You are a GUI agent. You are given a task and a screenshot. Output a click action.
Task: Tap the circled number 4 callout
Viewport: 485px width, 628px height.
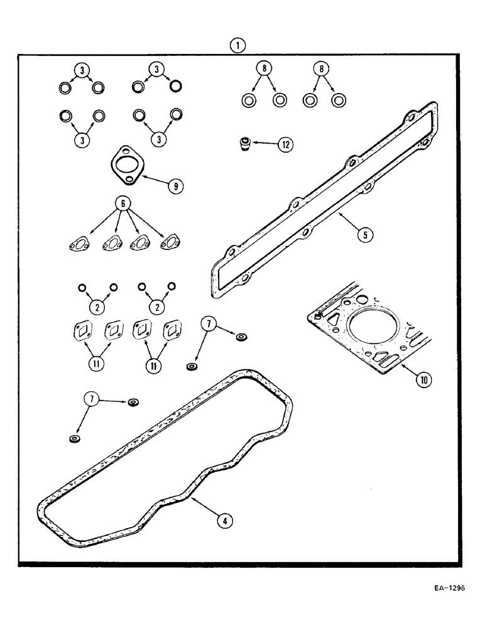(222, 520)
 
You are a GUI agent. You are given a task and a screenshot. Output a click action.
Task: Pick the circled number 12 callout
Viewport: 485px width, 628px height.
(285, 144)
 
